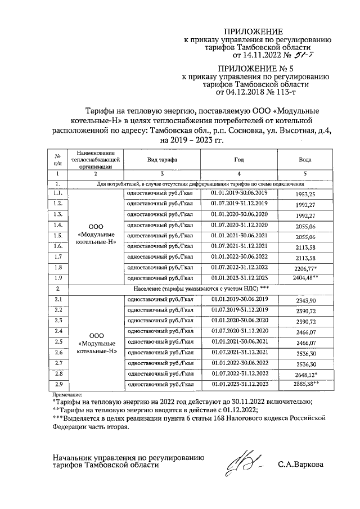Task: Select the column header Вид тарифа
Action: point(162,160)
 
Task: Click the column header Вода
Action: point(305,160)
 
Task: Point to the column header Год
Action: point(239,160)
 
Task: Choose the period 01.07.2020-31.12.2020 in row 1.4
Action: point(240,225)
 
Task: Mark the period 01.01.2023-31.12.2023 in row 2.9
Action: point(240,385)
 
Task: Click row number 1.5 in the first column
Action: point(57,236)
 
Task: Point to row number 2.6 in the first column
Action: point(57,353)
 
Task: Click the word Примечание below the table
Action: point(67,395)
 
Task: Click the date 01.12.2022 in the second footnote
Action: point(237,409)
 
